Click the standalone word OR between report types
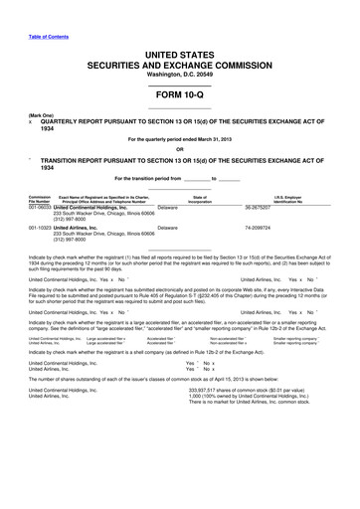click(x=180, y=150)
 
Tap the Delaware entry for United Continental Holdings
click(x=168, y=208)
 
